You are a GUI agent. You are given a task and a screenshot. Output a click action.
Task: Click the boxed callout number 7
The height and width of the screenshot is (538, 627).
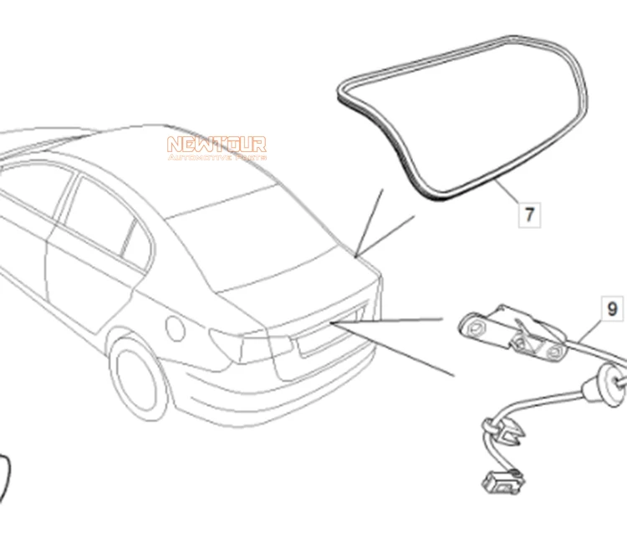529,214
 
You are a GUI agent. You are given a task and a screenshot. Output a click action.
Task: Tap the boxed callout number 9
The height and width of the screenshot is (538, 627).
612,309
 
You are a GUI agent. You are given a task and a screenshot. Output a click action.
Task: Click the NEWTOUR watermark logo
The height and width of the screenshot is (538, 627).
217,148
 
